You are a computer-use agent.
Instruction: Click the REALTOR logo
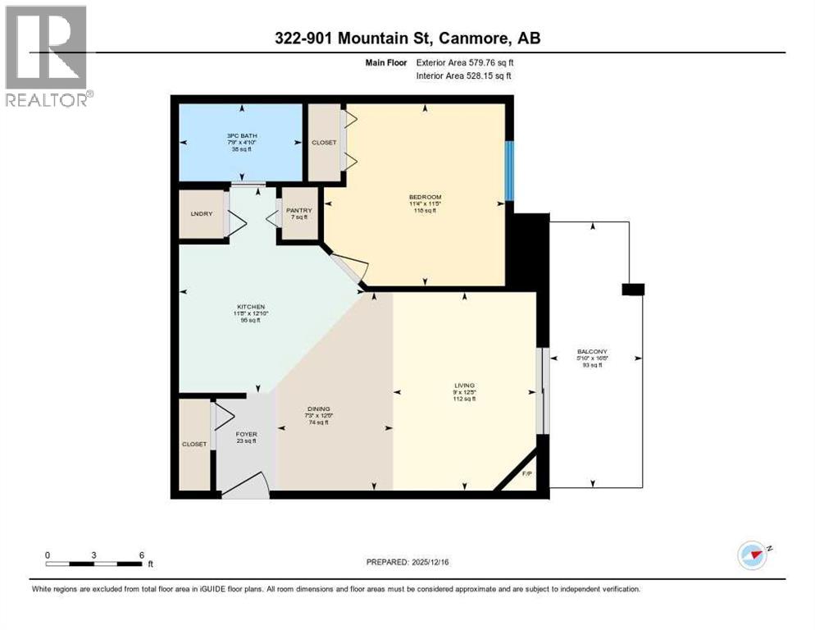pyautogui.click(x=48, y=56)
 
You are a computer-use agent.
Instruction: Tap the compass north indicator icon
pyautogui.click(x=752, y=555)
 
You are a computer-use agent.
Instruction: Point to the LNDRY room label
pyautogui.click(x=201, y=213)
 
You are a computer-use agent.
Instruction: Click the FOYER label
pyautogui.click(x=246, y=435)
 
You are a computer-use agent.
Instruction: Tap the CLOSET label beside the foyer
pyautogui.click(x=194, y=444)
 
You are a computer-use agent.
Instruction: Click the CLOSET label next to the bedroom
pyautogui.click(x=323, y=142)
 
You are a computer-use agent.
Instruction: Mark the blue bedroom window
pyautogui.click(x=508, y=171)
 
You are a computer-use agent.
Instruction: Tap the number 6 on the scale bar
pyautogui.click(x=142, y=555)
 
